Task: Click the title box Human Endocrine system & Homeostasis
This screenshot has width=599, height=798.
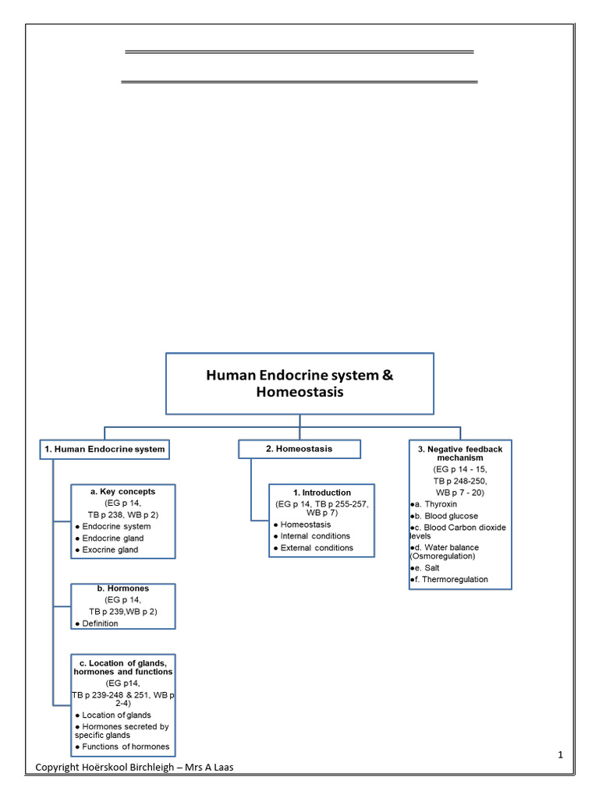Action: tap(299, 383)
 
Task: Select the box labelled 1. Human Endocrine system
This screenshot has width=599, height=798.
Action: tap(104, 449)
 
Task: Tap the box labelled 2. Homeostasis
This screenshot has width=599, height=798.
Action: tap(299, 449)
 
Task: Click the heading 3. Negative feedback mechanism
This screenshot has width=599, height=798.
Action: tap(460, 454)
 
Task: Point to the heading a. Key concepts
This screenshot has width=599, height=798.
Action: tap(122, 492)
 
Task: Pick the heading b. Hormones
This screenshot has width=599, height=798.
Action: tap(122, 588)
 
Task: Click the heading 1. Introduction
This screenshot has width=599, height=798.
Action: tap(321, 493)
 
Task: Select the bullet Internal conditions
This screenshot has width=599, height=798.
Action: tap(315, 536)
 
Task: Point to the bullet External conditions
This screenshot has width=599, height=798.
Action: tap(316, 548)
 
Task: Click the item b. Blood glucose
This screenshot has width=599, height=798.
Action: tap(446, 516)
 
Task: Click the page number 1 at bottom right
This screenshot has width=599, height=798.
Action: tap(560, 755)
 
